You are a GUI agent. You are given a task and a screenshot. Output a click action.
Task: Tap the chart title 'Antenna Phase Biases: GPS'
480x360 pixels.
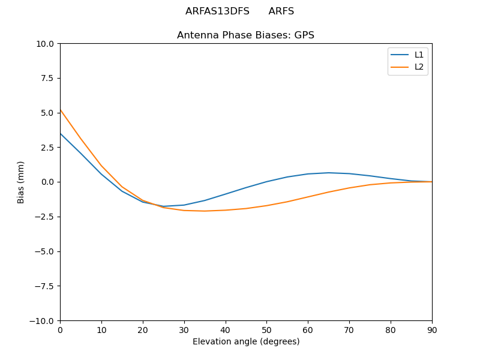point(245,35)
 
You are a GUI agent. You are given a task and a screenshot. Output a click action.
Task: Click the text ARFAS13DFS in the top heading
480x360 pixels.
point(217,11)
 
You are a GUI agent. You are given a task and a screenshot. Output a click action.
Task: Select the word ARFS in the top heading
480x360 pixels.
point(281,11)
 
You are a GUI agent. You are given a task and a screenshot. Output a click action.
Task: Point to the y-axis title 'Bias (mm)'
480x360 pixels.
point(21,182)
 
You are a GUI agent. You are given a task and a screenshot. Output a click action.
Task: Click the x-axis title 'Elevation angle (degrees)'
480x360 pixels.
point(246,341)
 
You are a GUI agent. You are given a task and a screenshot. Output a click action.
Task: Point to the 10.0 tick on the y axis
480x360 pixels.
point(45,44)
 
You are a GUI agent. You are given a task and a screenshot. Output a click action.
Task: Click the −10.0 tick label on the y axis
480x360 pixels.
point(43,320)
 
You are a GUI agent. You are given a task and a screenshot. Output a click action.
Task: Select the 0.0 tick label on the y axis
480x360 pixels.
point(47,182)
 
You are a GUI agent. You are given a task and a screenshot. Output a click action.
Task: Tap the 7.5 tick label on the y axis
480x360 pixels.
point(47,78)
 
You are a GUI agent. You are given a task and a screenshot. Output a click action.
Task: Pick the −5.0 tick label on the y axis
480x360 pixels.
point(44,251)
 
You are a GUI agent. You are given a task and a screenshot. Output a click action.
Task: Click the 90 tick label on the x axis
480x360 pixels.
point(432,329)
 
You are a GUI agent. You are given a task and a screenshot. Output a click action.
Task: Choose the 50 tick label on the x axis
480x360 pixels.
point(266,329)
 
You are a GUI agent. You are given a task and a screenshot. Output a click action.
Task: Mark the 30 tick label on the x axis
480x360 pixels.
point(184,329)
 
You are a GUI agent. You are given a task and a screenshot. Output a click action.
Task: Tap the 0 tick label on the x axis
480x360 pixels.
point(60,329)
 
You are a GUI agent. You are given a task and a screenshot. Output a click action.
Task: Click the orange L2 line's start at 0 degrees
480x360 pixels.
point(60,110)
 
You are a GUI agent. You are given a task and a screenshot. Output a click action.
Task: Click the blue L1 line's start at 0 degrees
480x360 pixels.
point(60,133)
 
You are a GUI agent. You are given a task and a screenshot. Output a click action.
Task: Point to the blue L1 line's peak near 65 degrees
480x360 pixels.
point(329,173)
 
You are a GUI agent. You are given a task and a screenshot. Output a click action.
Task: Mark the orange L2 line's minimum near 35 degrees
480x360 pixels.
point(205,211)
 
